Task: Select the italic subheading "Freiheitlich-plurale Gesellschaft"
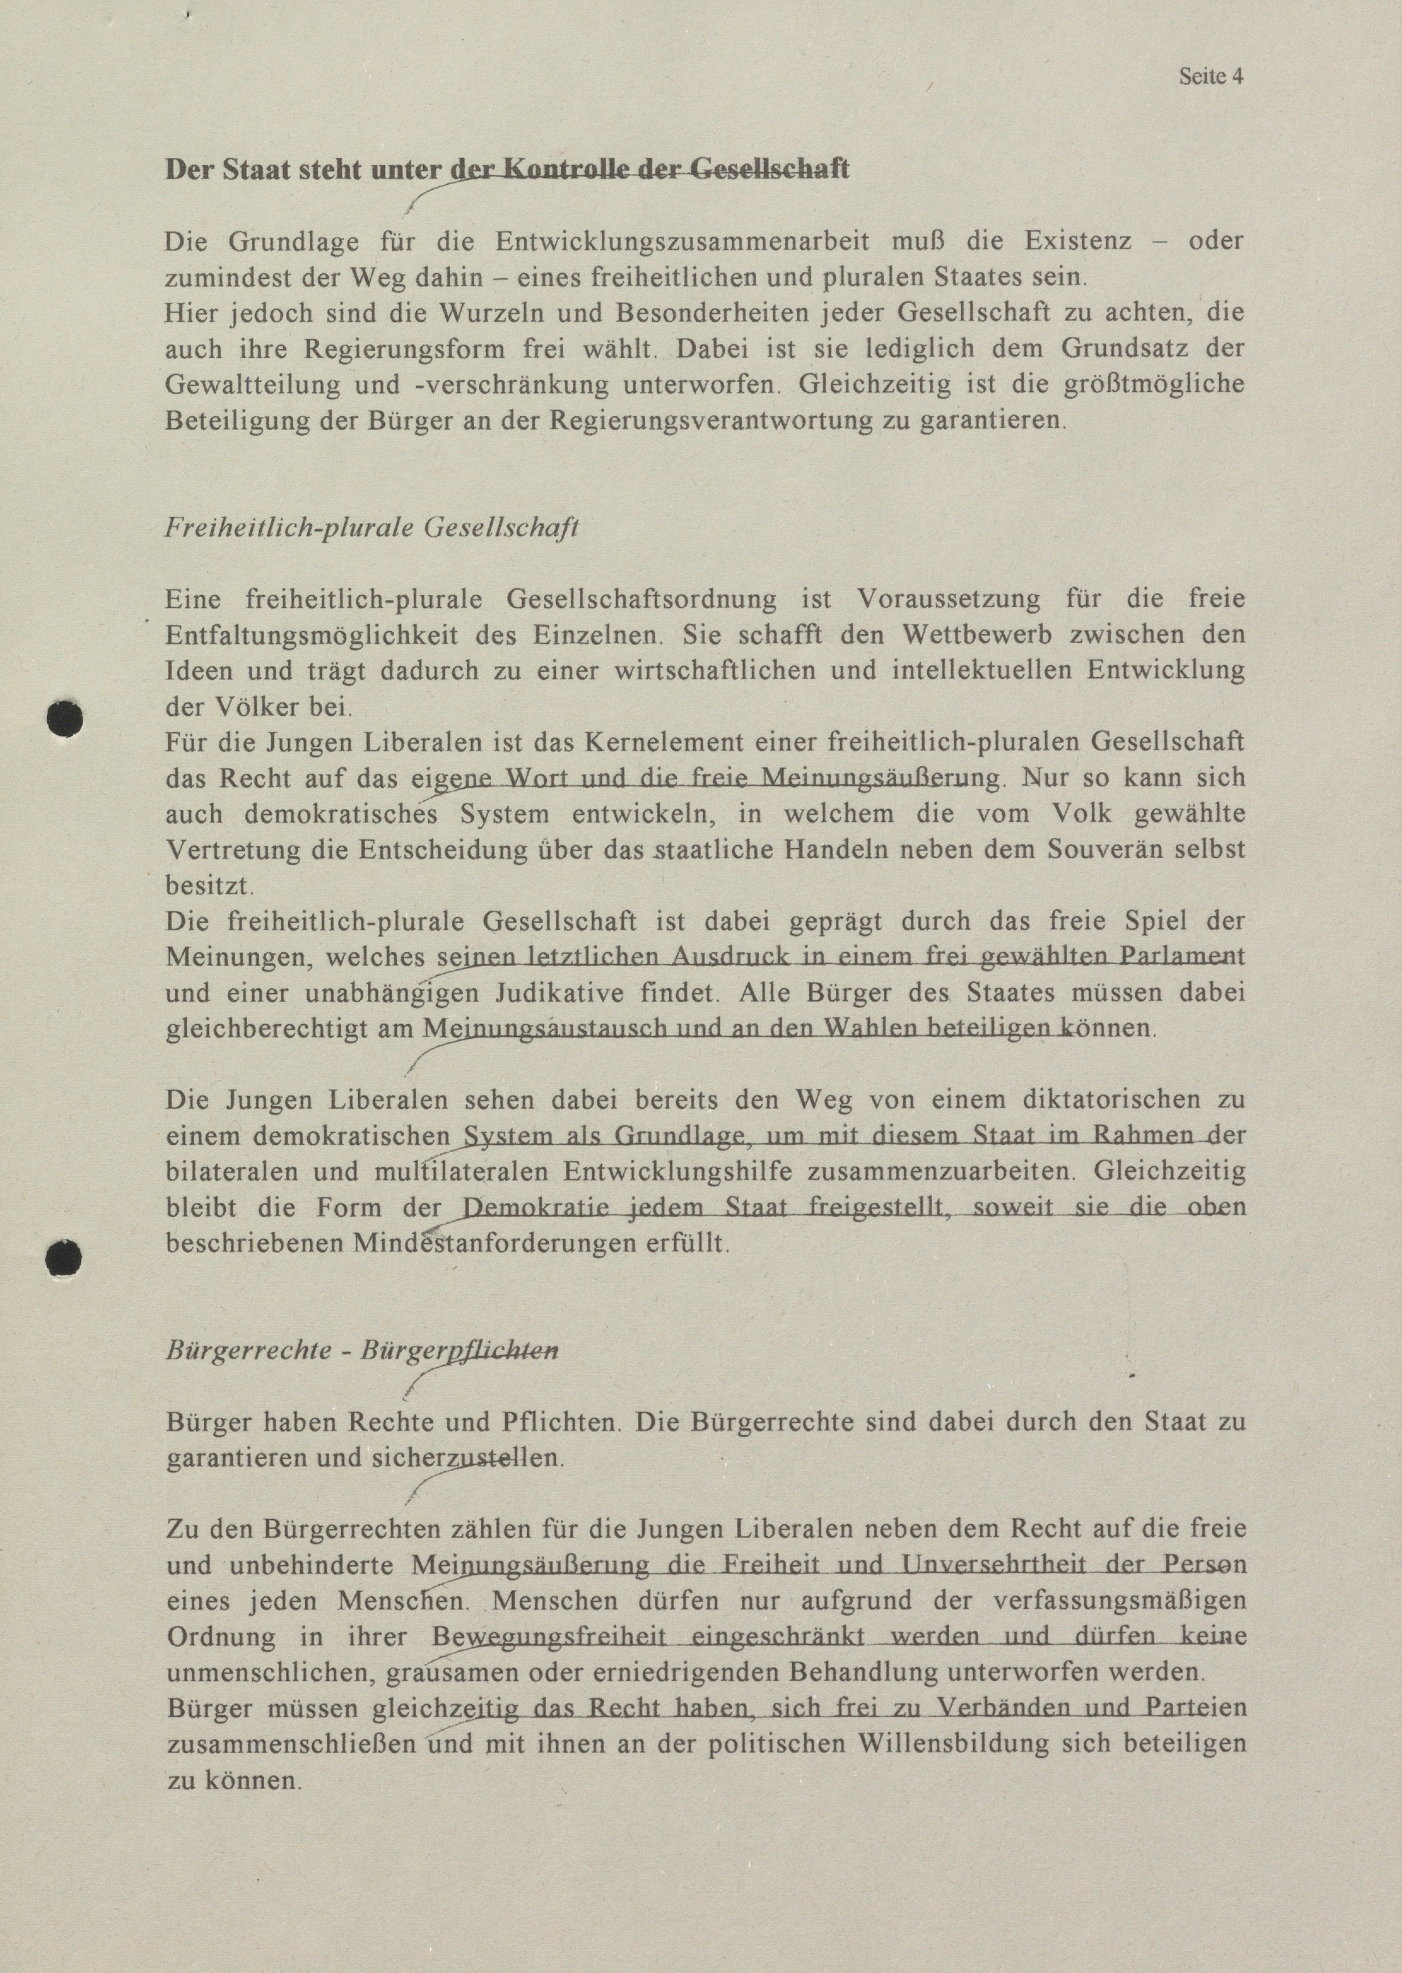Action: point(371,527)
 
